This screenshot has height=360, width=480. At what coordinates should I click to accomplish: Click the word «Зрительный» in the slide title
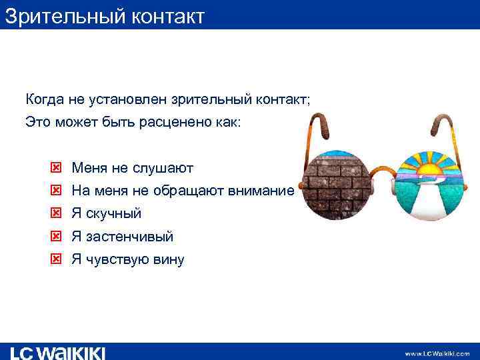tap(59, 15)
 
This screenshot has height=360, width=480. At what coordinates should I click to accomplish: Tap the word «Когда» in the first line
tap(45, 100)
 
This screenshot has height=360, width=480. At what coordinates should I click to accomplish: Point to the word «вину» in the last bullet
tap(169, 259)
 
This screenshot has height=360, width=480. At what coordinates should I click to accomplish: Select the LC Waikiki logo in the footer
tap(57, 353)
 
